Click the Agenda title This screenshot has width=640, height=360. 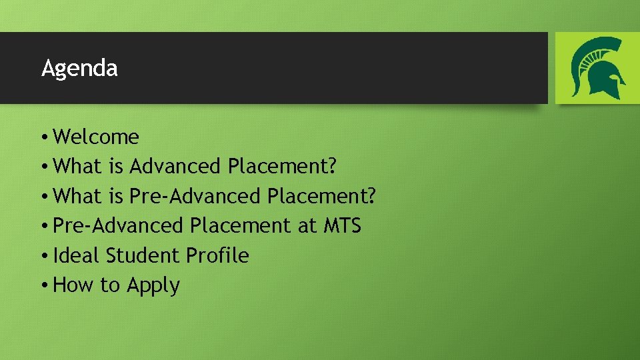click(79, 68)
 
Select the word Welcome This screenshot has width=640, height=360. click(96, 137)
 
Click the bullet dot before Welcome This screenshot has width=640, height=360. click(43, 137)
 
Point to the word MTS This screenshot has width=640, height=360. click(342, 225)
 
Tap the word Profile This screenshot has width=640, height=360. click(217, 255)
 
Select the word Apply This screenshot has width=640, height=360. click(153, 286)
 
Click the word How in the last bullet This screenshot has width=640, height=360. click(73, 285)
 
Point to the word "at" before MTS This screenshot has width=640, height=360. click(307, 225)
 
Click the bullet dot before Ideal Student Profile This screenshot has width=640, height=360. click(43, 256)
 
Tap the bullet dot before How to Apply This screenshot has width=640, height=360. click(43, 285)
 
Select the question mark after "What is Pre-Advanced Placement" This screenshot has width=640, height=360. click(371, 196)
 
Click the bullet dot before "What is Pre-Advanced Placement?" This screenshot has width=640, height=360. click(43, 197)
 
